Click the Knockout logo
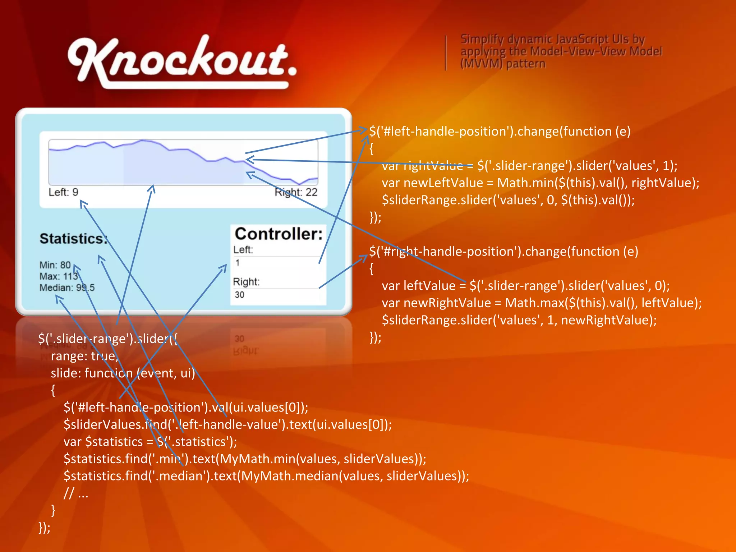coord(181,61)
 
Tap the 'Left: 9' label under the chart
coord(63,192)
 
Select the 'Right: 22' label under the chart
coord(296,192)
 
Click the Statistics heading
coord(73,239)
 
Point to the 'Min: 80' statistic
coord(55,265)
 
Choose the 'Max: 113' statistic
coord(59,276)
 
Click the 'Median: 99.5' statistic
coord(67,287)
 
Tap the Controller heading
coord(279,234)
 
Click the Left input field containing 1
coord(277,263)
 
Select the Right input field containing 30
coord(277,295)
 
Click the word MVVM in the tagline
coord(481,64)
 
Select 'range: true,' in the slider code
coord(84,356)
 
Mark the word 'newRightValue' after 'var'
coord(447,303)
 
